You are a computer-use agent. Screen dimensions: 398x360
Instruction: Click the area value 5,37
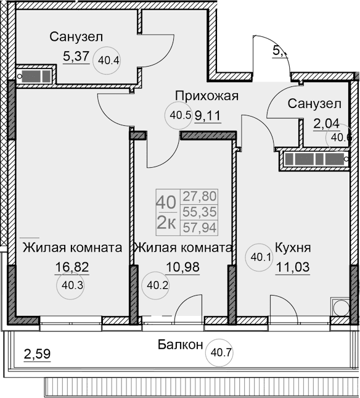click(76, 57)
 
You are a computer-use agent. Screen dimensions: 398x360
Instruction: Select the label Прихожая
click(207, 96)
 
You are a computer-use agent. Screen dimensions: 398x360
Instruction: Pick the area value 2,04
click(326, 124)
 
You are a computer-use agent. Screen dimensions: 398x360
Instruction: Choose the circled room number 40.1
click(259, 259)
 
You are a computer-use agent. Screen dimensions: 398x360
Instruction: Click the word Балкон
click(179, 345)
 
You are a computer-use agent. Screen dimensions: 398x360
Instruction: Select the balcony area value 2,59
click(37, 355)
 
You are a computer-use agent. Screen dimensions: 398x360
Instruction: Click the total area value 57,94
click(200, 228)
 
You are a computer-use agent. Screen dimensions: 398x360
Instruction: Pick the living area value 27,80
click(200, 197)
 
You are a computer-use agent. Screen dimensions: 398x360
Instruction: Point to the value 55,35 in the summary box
click(200, 212)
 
